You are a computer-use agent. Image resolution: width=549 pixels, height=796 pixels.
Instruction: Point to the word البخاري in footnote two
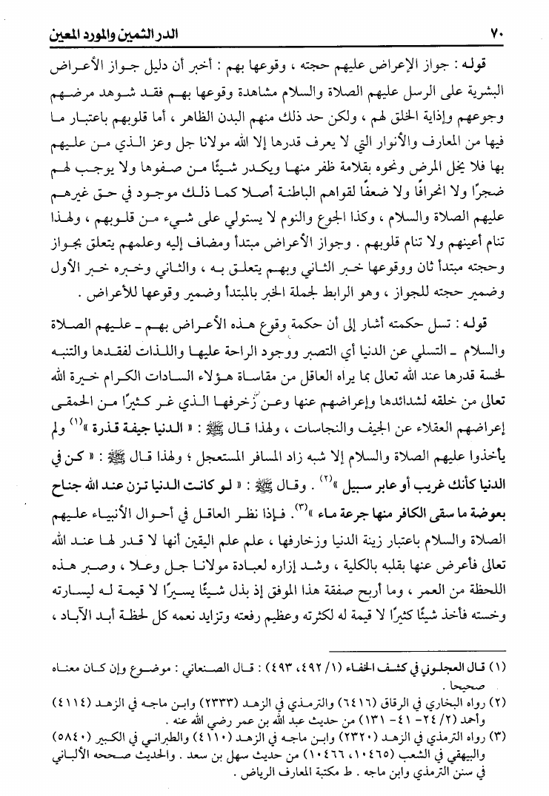(456, 701)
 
